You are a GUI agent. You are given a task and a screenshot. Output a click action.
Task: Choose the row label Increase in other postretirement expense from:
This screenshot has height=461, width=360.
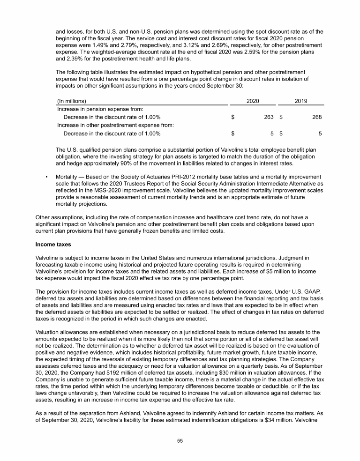115,125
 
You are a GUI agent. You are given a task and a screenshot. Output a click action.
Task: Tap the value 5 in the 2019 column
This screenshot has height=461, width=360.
320,134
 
